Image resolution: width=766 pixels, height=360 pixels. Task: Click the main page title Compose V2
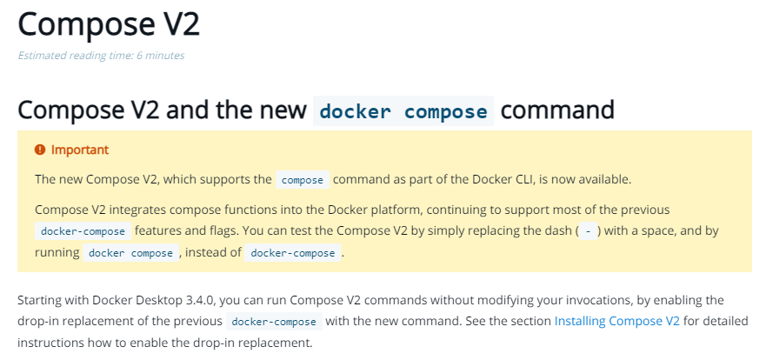[109, 24]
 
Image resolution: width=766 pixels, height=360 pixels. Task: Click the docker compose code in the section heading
[403, 111]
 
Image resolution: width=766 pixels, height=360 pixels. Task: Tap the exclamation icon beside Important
[40, 150]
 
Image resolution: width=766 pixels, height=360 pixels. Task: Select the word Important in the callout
[80, 150]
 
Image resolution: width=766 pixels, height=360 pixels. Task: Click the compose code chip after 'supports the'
[303, 180]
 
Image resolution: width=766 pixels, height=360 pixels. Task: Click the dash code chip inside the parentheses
[588, 231]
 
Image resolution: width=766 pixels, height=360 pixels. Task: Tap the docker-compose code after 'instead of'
[292, 253]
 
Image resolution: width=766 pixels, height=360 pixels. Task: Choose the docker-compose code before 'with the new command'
[274, 322]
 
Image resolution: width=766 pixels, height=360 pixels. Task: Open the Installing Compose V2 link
[617, 321]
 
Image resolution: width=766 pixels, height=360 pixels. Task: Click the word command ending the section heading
[558, 111]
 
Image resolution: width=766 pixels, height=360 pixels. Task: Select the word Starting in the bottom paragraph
[43, 300]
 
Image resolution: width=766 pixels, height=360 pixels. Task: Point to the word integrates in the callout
[131, 210]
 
